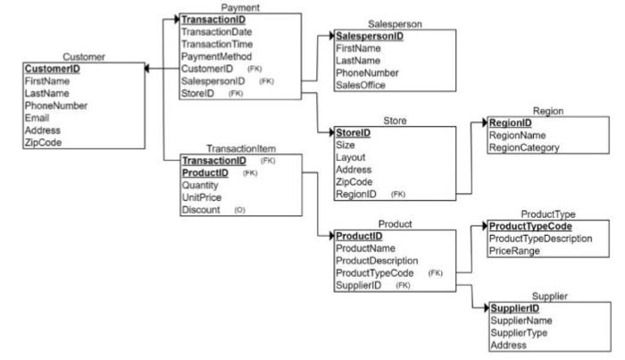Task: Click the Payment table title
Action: pyautogui.click(x=214, y=7)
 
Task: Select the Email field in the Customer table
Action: pyautogui.click(x=38, y=116)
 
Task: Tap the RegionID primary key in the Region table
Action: pyautogui.click(x=512, y=123)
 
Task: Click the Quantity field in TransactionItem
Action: pyautogui.click(x=203, y=184)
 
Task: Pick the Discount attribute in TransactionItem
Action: pyautogui.click(x=203, y=210)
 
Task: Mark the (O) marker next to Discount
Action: pyautogui.click(x=239, y=211)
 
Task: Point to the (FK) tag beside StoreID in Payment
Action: pyautogui.click(x=236, y=93)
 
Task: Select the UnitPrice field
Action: pyautogui.click(x=203, y=197)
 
